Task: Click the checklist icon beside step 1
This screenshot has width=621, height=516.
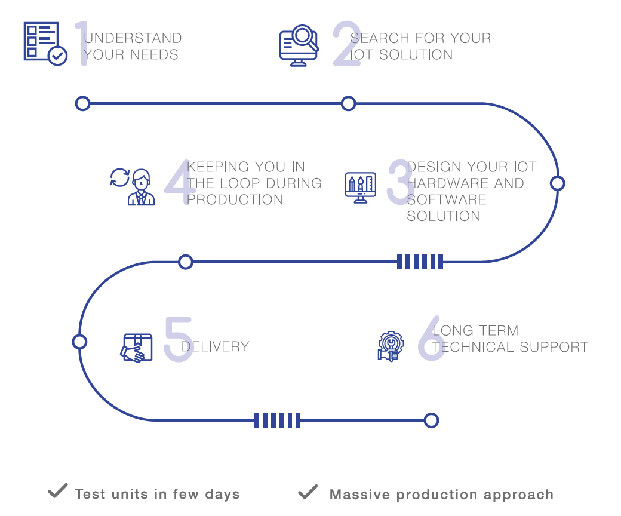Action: [x=45, y=43]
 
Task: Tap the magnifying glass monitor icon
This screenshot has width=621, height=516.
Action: [x=299, y=45]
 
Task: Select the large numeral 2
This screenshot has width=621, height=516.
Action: [x=347, y=44]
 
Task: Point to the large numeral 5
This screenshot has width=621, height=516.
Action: [x=179, y=339]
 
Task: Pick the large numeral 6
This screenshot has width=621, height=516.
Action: [x=431, y=339]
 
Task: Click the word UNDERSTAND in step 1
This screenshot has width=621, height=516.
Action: [x=133, y=38]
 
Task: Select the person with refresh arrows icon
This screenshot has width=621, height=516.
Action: [x=133, y=186]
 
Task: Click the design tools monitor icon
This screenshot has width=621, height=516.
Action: [x=361, y=188]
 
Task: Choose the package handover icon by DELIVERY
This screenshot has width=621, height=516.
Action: [x=136, y=348]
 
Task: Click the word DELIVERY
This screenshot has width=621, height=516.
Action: [x=215, y=346]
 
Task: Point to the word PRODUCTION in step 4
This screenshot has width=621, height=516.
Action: [x=235, y=199]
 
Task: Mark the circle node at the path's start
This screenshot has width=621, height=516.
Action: [x=82, y=104]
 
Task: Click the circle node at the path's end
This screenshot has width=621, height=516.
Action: [x=431, y=420]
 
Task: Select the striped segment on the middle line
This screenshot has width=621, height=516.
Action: [x=420, y=262]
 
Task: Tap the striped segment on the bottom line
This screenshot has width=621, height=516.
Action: [x=276, y=420]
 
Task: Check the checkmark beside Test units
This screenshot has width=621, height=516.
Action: [x=57, y=492]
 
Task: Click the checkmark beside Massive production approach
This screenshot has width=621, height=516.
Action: [x=308, y=492]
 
